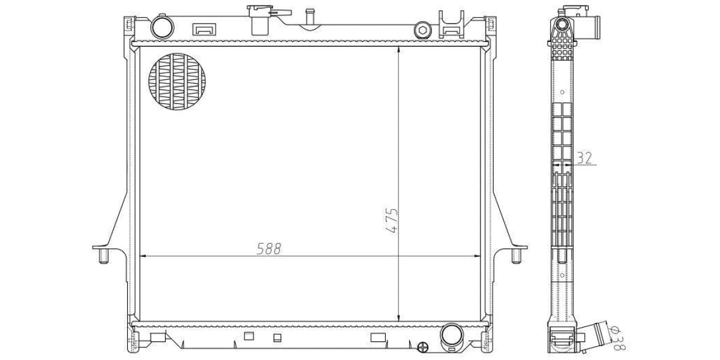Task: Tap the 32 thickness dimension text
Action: (x=584, y=158)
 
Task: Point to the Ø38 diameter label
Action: (x=616, y=338)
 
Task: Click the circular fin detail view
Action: (x=176, y=82)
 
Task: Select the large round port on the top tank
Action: (x=161, y=28)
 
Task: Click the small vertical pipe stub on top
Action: (x=310, y=17)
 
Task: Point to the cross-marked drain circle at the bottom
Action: (x=422, y=347)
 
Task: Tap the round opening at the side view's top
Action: (x=563, y=25)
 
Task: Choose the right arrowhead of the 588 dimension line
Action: (x=478, y=256)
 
